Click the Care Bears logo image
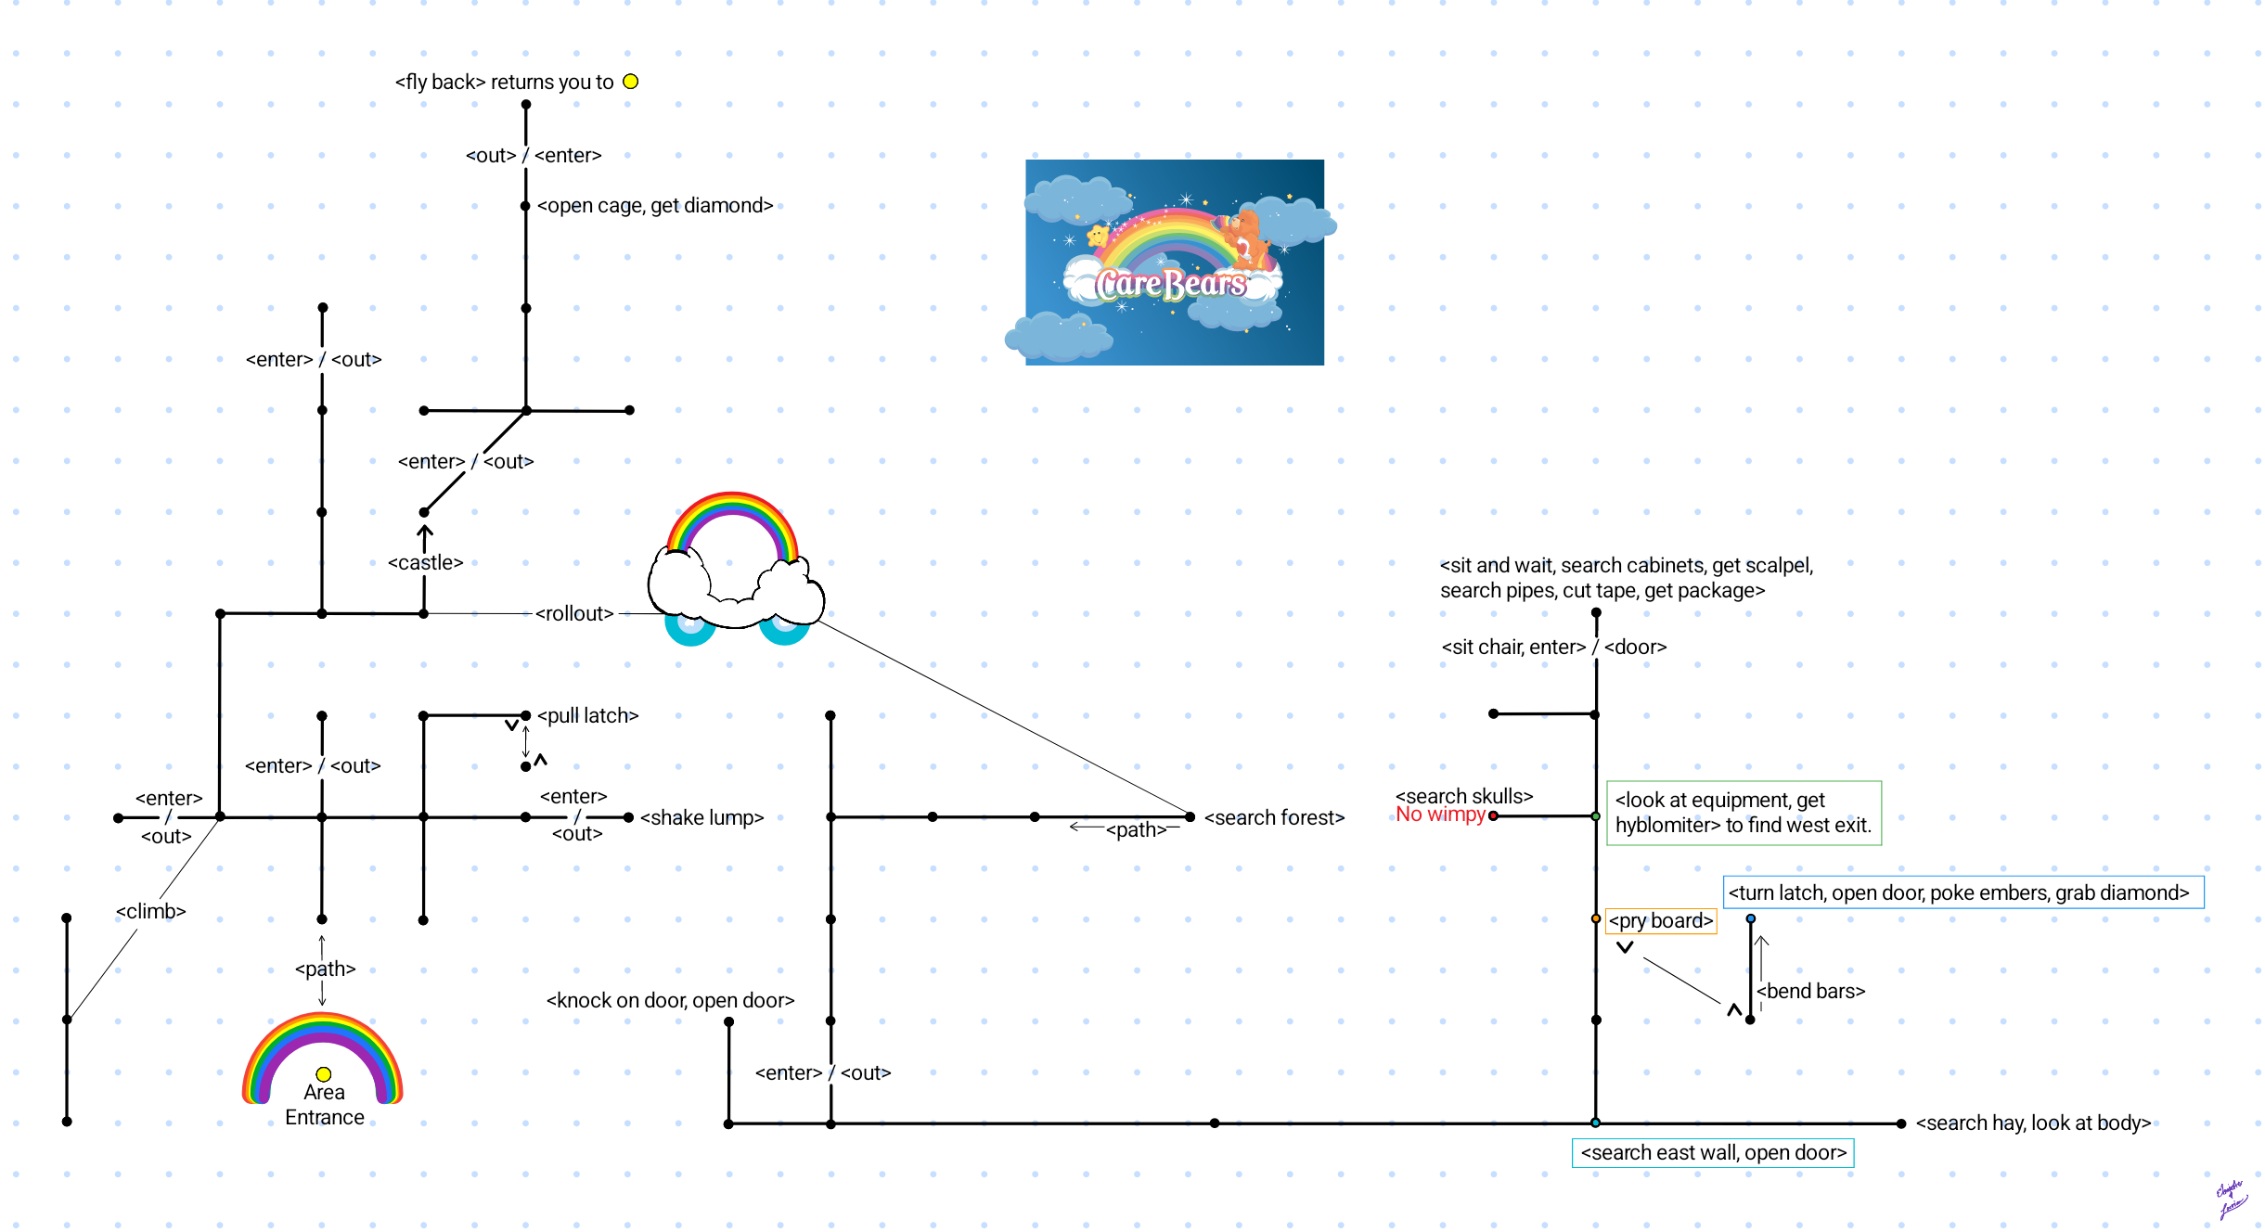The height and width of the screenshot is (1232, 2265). pyautogui.click(x=1174, y=263)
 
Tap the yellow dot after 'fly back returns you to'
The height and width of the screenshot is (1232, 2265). pyautogui.click(x=631, y=82)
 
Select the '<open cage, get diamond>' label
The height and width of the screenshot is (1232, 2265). pyautogui.click(x=654, y=205)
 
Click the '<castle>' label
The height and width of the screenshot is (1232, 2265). pyautogui.click(x=425, y=562)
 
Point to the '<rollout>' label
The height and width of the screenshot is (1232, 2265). pyautogui.click(x=574, y=613)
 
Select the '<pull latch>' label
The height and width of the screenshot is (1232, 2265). pyautogui.click(x=587, y=715)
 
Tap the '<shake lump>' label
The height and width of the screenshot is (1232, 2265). pyautogui.click(x=701, y=817)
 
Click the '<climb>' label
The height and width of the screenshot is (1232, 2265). pyautogui.click(x=150, y=911)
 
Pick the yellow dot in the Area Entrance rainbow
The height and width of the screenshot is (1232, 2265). pyautogui.click(x=324, y=1074)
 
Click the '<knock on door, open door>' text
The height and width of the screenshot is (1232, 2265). pyautogui.click(x=670, y=1000)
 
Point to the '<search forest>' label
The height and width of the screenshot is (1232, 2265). pyautogui.click(x=1274, y=817)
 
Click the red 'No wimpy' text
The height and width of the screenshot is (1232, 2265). pyautogui.click(x=1440, y=815)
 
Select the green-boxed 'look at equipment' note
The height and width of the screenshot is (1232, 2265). pyautogui.click(x=1744, y=813)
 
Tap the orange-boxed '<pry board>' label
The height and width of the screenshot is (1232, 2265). pyautogui.click(x=1660, y=920)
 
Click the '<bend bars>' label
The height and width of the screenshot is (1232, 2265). pyautogui.click(x=1810, y=991)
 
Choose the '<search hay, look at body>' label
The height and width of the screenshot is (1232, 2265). pyautogui.click(x=2033, y=1123)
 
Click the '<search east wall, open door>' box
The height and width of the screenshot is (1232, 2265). pyautogui.click(x=1713, y=1152)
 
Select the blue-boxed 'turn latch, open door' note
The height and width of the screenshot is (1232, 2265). pyautogui.click(x=1963, y=892)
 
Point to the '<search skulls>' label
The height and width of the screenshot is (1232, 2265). pyautogui.click(x=1464, y=796)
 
